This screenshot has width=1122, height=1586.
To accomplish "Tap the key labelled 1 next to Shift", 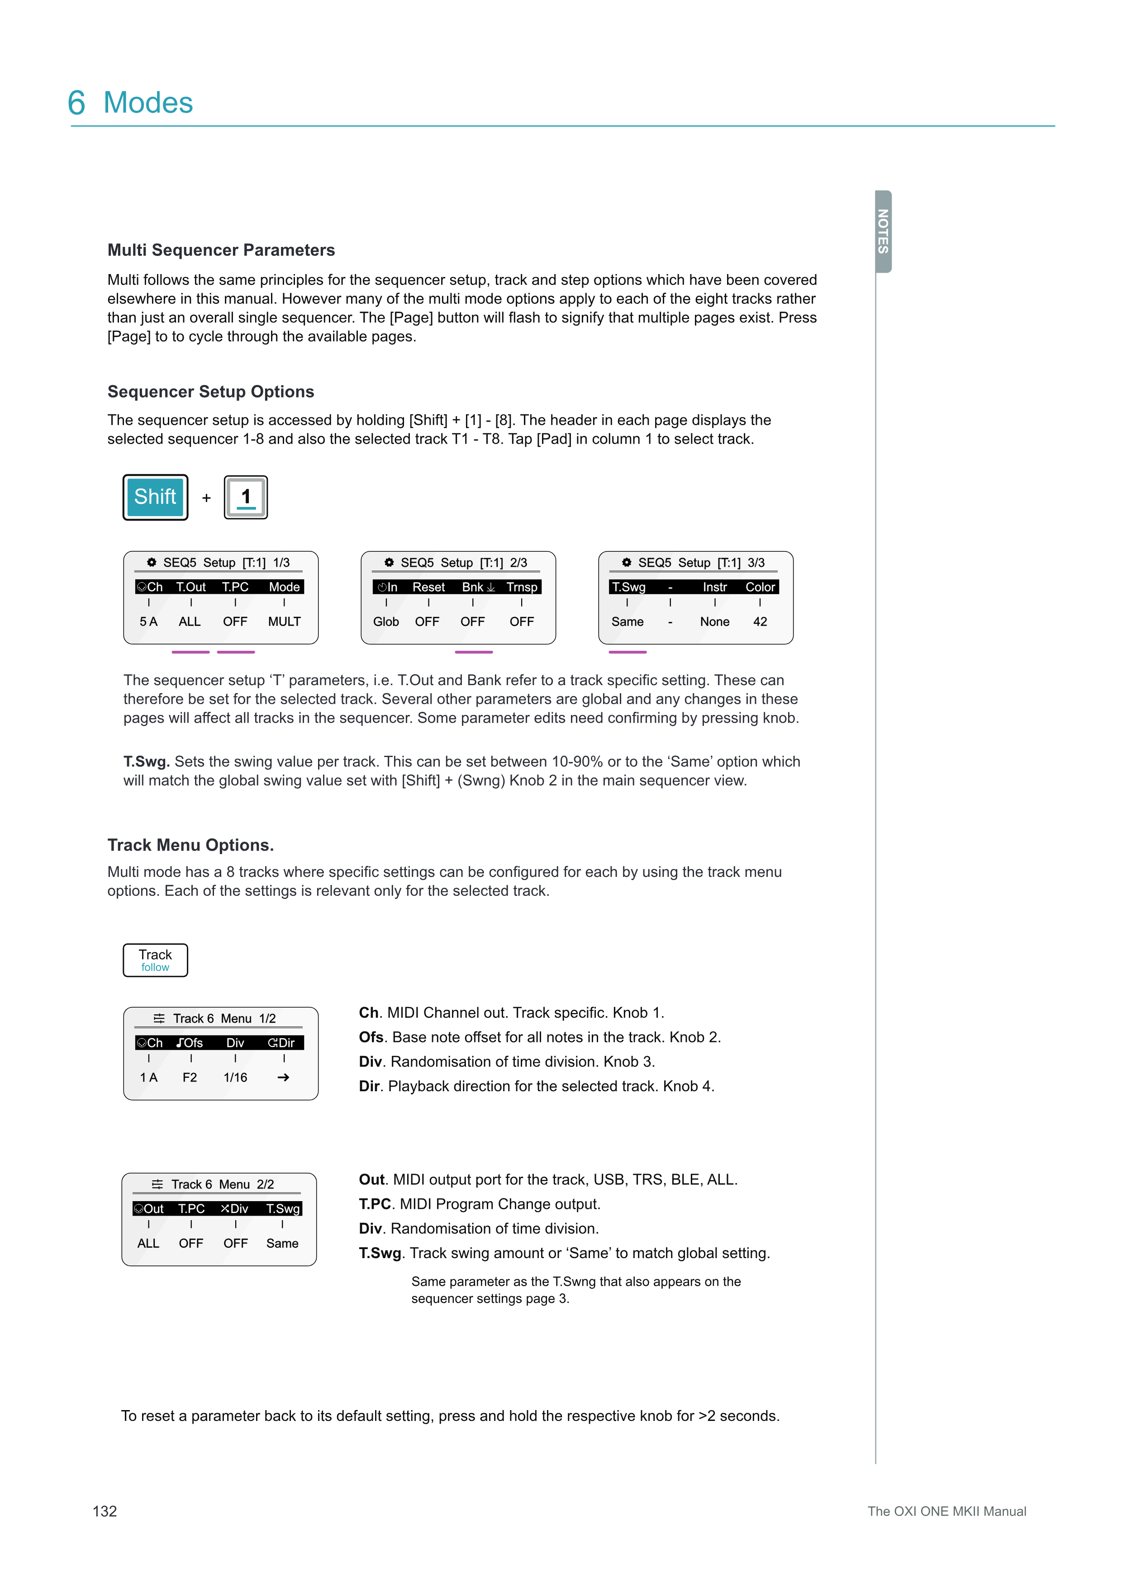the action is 246,497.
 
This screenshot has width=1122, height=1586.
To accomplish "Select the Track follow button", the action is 156,960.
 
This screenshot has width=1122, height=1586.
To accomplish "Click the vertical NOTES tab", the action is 883,232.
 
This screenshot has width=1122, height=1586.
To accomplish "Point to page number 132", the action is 105,1511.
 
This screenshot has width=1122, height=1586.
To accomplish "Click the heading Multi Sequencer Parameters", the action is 221,250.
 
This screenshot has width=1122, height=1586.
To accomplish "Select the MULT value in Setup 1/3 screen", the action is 284,622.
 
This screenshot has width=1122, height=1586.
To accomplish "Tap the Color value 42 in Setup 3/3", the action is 760,622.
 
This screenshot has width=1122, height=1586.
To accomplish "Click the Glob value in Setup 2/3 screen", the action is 386,622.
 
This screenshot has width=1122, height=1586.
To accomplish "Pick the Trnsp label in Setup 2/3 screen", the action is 522,587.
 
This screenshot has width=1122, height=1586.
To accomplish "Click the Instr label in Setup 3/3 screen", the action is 714,587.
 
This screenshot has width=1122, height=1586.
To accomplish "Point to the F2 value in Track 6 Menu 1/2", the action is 190,1078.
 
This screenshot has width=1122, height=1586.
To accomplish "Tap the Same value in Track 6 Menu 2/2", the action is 283,1243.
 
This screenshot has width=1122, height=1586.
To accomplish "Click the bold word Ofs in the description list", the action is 371,1037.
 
